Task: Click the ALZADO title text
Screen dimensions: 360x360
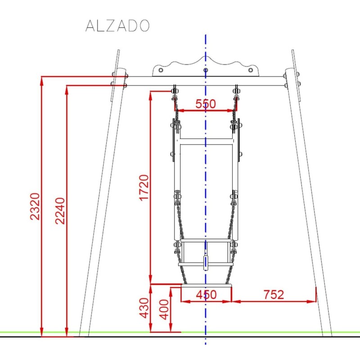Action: pyautogui.click(x=117, y=26)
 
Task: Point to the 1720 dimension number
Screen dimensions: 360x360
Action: pyautogui.click(x=144, y=188)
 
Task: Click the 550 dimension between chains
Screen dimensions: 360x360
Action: pyautogui.click(x=205, y=104)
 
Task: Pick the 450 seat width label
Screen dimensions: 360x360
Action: pyautogui.click(x=206, y=295)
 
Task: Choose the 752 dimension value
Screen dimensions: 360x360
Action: pyautogui.click(x=273, y=295)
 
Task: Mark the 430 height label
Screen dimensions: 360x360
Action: pyautogui.click(x=144, y=308)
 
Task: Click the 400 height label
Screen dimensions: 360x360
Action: pyautogui.click(x=165, y=309)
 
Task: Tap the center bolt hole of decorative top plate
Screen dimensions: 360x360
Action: pyautogui.click(x=206, y=70)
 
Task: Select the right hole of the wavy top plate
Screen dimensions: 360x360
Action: pyautogui.click(x=251, y=70)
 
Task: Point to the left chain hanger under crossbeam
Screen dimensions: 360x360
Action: pyautogui.click(x=174, y=92)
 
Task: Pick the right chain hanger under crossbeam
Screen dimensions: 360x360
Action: pyautogui.click(x=237, y=92)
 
